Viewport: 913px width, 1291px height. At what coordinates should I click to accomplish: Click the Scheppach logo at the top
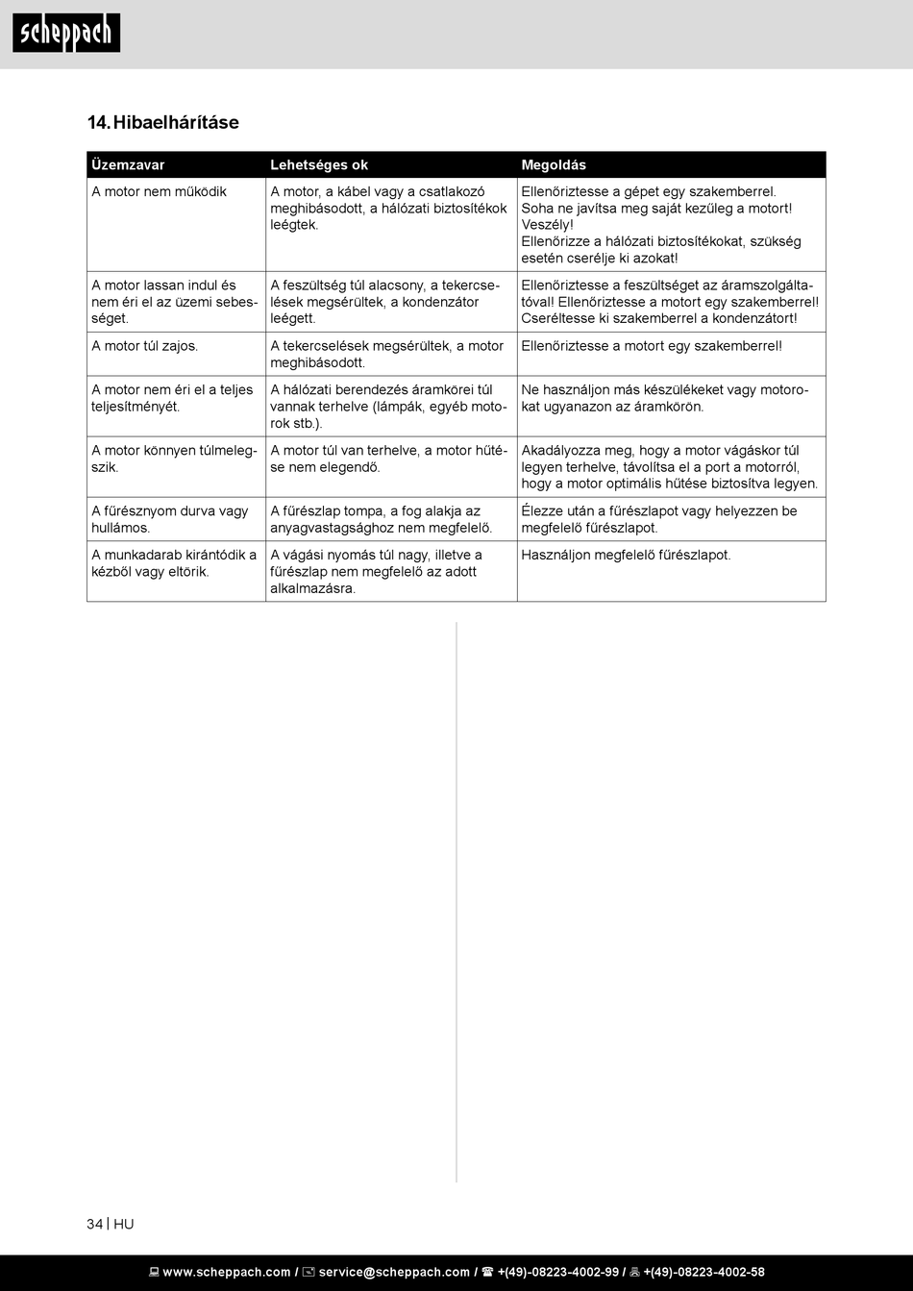(x=66, y=33)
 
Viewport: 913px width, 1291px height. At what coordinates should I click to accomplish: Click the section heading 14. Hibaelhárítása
(x=163, y=122)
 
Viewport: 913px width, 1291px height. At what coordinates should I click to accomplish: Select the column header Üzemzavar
(x=128, y=165)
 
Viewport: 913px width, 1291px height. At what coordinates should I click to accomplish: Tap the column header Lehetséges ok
(x=319, y=165)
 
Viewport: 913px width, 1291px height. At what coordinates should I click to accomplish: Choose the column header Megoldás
(x=554, y=165)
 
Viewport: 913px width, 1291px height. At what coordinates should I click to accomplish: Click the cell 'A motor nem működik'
(x=160, y=192)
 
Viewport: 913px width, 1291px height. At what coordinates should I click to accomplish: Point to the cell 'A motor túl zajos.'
(x=145, y=346)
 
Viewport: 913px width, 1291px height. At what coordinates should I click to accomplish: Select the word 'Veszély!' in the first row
(x=547, y=225)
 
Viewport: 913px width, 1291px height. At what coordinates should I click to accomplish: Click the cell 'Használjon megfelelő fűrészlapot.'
(x=626, y=555)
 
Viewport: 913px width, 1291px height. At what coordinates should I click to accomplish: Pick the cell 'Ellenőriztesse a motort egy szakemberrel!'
(x=652, y=346)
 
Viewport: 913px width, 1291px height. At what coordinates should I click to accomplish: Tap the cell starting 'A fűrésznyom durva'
(x=170, y=519)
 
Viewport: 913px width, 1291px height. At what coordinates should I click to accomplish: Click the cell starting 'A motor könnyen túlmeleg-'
(x=174, y=459)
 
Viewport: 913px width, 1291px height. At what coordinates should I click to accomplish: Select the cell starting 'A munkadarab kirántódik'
(x=174, y=563)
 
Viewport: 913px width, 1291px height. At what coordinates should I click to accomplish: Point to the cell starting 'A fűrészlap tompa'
(x=381, y=519)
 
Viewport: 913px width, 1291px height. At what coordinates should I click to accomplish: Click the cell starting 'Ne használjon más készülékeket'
(x=664, y=398)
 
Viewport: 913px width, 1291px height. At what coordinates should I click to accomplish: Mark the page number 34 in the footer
(x=94, y=1224)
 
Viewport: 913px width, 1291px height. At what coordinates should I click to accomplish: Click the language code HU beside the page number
(x=124, y=1224)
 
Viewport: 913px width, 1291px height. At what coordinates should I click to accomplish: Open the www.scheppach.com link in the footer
(x=226, y=1272)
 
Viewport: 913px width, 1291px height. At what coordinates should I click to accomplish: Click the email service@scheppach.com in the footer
(x=394, y=1272)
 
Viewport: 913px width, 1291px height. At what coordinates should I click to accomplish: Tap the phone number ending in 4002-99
(x=557, y=1272)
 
